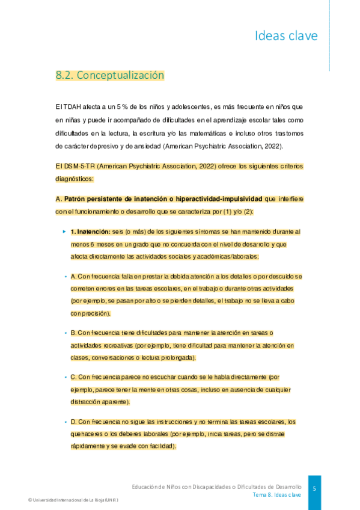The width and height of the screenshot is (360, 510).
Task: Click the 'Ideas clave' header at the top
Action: (x=286, y=36)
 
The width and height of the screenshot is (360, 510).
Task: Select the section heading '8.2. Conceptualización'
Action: (x=109, y=76)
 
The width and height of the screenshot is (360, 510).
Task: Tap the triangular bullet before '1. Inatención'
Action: (x=64, y=231)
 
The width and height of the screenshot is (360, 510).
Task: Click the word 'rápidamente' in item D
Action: (x=88, y=446)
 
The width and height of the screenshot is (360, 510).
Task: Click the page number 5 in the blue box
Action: (x=314, y=489)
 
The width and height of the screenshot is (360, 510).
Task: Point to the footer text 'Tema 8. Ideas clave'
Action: (x=276, y=494)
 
